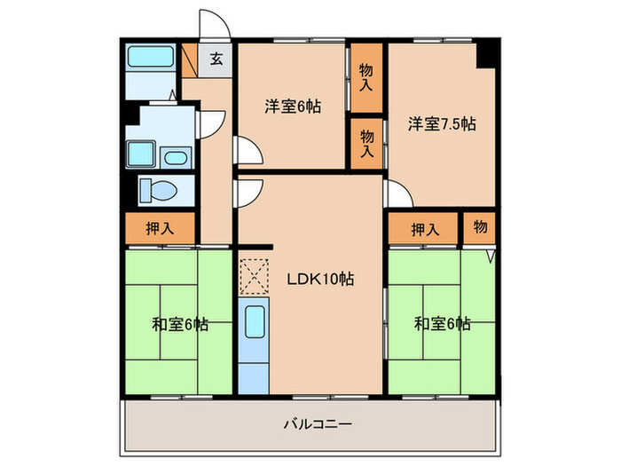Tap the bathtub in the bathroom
(150, 59)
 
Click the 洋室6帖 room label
(292, 107)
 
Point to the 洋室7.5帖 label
(442, 124)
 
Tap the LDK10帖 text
(320, 279)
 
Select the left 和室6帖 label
(178, 324)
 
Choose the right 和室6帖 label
(442, 324)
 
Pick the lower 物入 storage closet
(366, 142)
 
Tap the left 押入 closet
(160, 229)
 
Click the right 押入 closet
(424, 229)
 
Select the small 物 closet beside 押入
(479, 228)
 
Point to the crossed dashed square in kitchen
(253, 276)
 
